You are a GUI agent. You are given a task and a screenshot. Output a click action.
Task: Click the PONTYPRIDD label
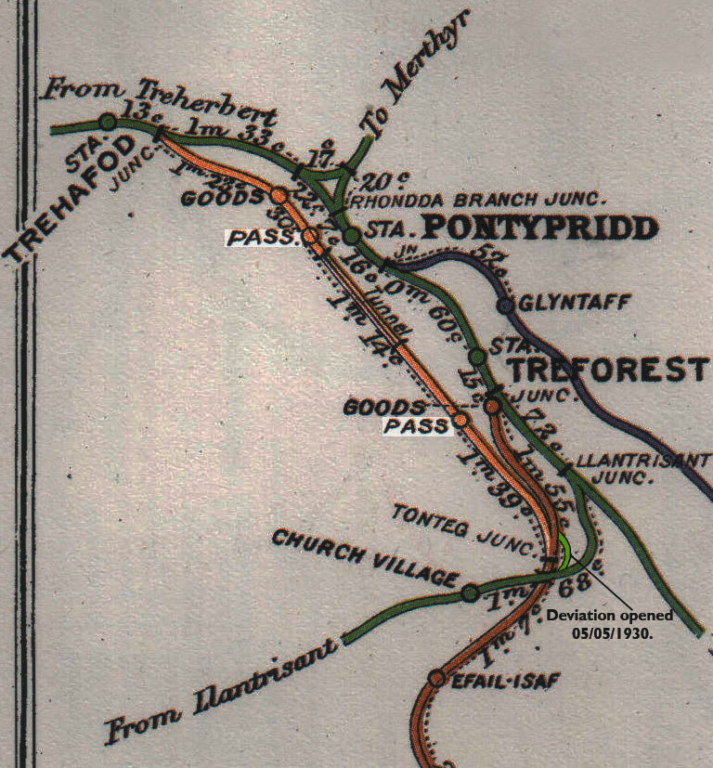(539, 228)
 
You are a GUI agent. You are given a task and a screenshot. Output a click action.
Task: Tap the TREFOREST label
(608, 371)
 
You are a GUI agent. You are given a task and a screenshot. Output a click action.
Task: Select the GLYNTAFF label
(563, 304)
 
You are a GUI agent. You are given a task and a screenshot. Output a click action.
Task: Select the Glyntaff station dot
(506, 305)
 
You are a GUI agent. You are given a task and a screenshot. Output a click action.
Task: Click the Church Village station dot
(470, 592)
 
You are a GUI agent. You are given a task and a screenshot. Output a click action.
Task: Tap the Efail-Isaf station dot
(436, 678)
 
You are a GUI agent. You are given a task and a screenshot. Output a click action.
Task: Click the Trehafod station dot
(108, 122)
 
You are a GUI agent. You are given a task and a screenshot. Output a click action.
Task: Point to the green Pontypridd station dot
(351, 236)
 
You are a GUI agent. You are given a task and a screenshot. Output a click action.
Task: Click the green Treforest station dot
(477, 356)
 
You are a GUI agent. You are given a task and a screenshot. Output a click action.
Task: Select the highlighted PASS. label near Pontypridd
(263, 237)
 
